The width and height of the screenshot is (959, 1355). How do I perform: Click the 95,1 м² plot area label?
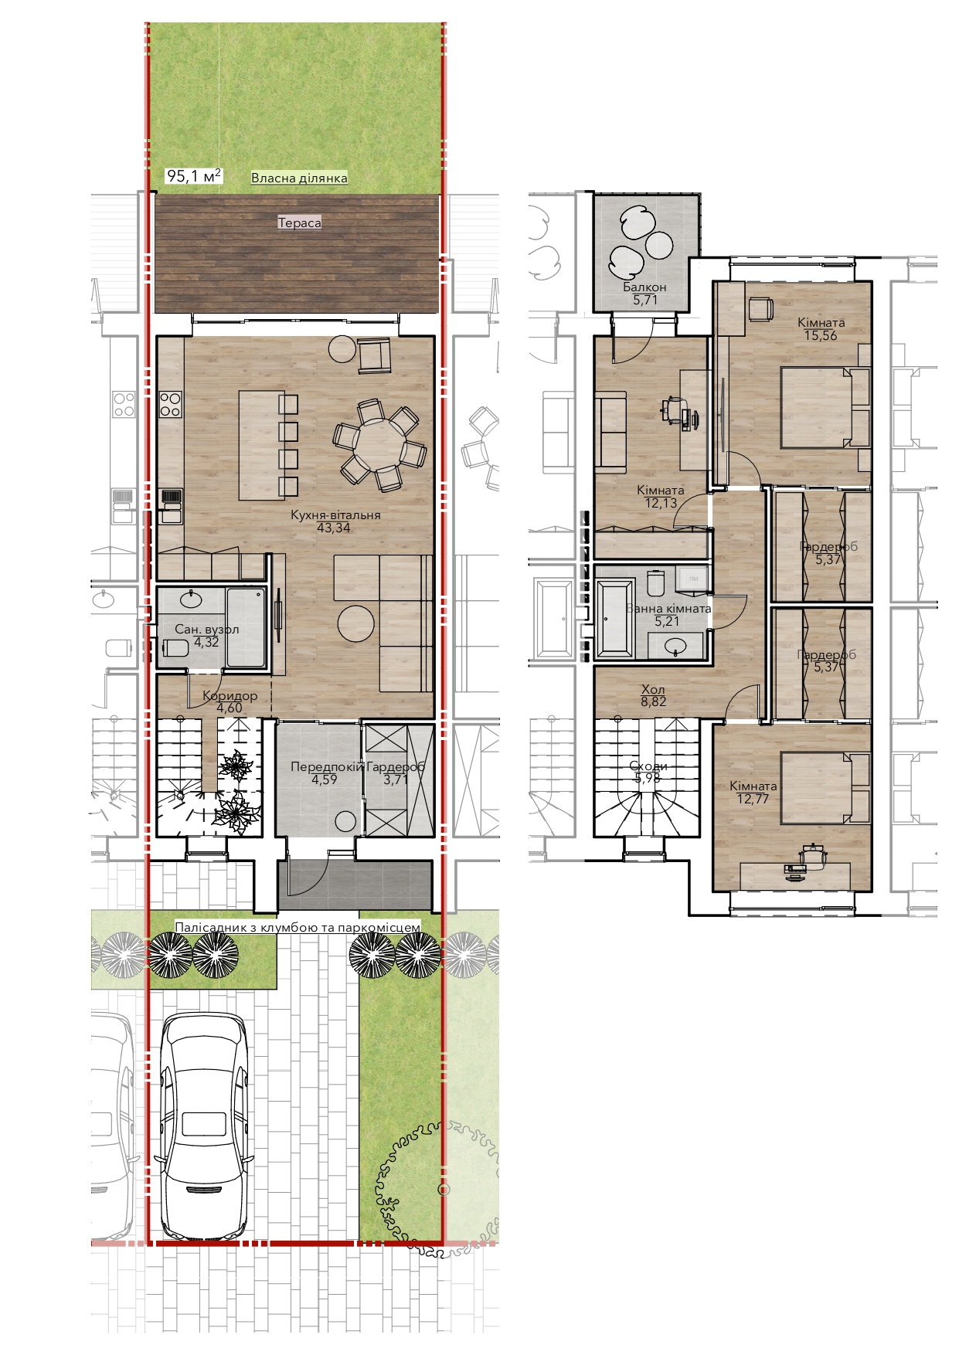(194, 176)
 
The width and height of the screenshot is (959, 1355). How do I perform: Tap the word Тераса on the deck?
(299, 222)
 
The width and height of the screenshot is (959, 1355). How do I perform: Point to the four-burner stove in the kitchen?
(170, 404)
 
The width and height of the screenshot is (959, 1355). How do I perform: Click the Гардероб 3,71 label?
(396, 773)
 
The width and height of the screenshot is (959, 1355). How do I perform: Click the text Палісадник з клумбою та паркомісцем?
(298, 927)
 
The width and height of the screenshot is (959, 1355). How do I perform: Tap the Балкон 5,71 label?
(644, 294)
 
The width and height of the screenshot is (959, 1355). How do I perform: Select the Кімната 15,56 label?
(821, 329)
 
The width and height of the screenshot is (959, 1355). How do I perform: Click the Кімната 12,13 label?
(661, 497)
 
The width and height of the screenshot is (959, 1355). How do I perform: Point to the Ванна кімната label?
(668, 608)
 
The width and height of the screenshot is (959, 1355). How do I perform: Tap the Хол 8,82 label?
(653, 696)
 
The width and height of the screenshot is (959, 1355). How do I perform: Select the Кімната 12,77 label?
(753, 792)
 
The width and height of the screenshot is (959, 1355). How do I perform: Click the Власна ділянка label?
(299, 178)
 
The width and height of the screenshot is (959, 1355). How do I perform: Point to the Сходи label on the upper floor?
(648, 766)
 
